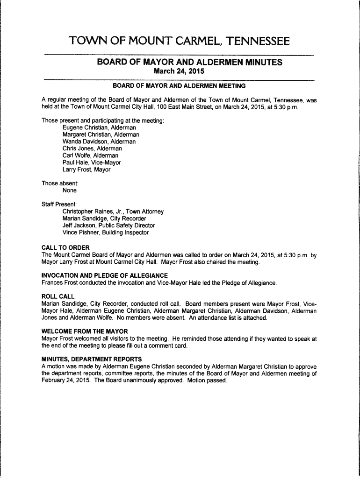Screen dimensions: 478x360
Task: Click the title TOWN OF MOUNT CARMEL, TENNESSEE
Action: point(180,42)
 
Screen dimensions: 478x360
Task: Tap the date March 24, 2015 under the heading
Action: point(180,71)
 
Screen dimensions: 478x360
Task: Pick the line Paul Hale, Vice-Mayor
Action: point(92,162)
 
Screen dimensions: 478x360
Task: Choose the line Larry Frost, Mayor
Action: point(86,169)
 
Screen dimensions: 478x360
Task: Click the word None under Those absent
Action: point(70,190)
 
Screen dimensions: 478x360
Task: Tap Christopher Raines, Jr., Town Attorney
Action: point(113,211)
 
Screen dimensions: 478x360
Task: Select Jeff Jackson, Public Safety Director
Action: point(108,225)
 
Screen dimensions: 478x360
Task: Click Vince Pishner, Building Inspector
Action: point(105,232)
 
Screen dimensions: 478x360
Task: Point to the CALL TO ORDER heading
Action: point(65,247)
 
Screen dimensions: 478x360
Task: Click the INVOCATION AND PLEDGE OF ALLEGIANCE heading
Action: point(104,275)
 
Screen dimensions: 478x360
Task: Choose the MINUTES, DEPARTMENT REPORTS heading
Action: point(92,359)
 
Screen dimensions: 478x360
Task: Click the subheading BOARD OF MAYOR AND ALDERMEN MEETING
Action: point(180,86)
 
